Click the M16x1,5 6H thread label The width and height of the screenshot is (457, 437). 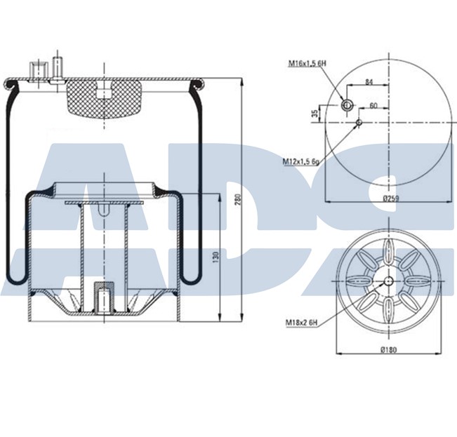click(x=306, y=63)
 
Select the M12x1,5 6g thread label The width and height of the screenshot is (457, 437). click(x=302, y=161)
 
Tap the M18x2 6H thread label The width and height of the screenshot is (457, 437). click(x=302, y=323)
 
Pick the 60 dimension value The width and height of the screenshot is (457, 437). click(x=373, y=105)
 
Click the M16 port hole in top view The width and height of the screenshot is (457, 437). click(x=347, y=105)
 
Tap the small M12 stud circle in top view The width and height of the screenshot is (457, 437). click(x=359, y=123)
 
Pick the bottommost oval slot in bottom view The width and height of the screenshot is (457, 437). click(x=388, y=310)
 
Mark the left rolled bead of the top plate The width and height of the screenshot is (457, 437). click(x=10, y=86)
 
